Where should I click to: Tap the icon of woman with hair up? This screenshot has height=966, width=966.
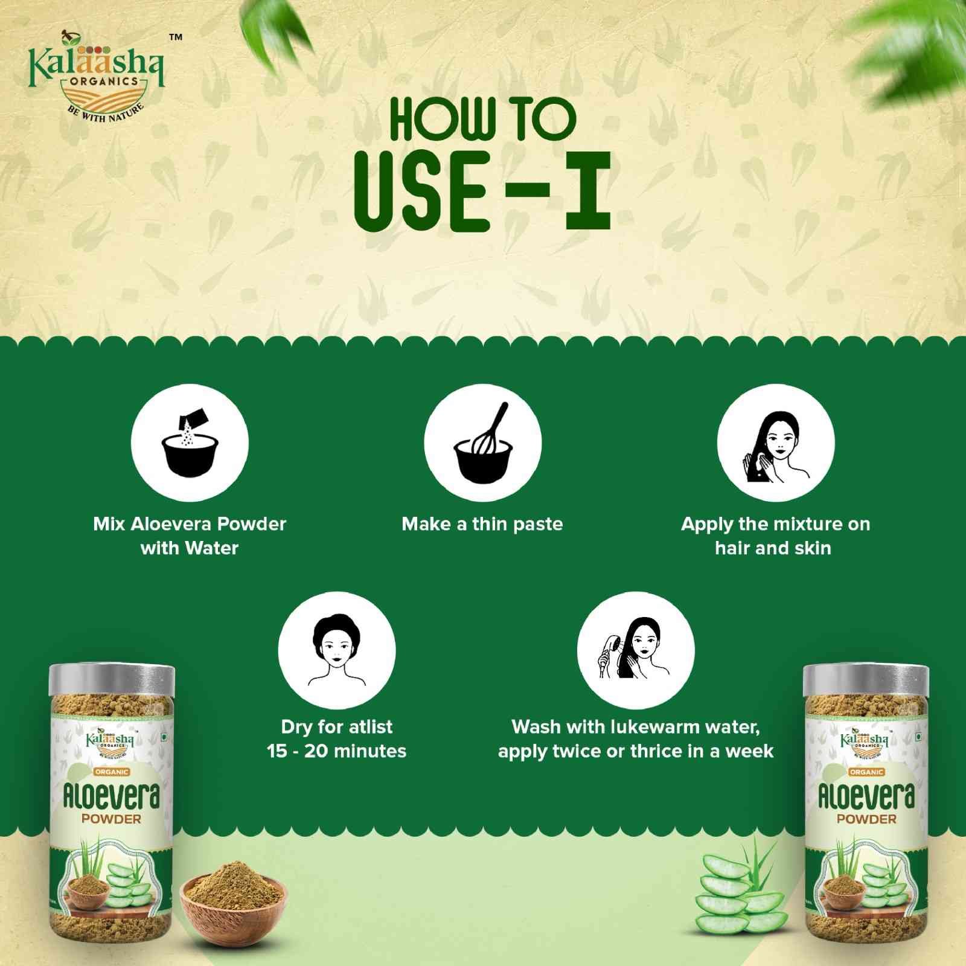coord(337,650)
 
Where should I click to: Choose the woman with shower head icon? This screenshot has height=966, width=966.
coord(636,650)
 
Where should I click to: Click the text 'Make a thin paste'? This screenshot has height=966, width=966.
coord(482,524)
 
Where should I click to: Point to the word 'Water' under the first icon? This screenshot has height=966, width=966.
coord(211,548)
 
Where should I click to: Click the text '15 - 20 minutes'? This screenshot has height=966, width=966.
coord(337,752)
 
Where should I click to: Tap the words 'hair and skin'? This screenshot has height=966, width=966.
coord(773,548)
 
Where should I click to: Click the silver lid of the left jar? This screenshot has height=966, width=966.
coord(112,679)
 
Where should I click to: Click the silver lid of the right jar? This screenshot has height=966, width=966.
coord(866,679)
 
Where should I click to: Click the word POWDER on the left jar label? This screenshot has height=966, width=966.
coord(112,819)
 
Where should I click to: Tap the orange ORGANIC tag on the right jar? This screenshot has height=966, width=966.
coord(866,772)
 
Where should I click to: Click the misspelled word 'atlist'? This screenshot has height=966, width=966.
coord(371,727)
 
